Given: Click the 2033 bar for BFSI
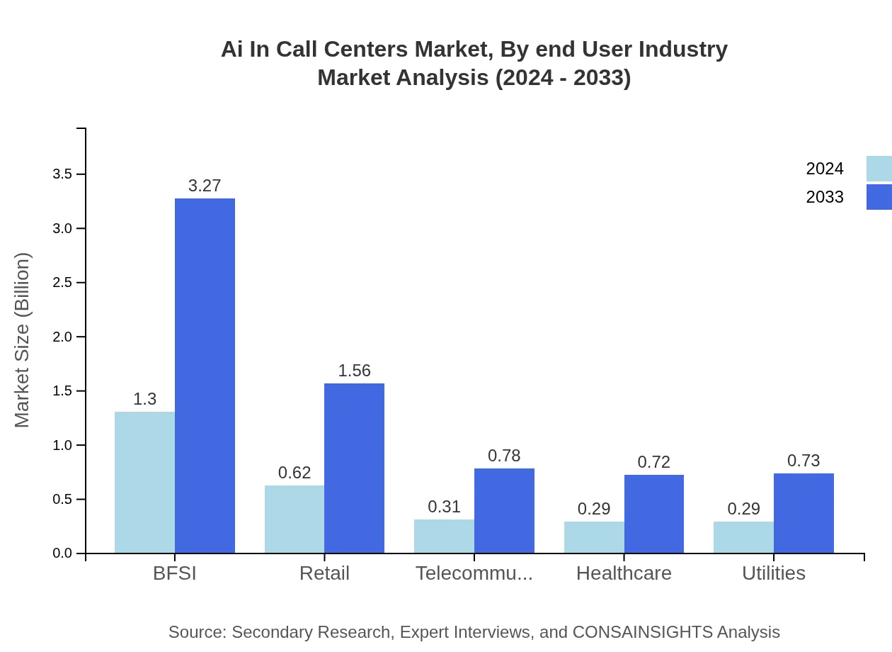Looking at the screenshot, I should coord(205,376).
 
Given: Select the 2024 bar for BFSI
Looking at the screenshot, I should coord(144,482).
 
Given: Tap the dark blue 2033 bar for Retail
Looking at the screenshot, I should coord(354,468).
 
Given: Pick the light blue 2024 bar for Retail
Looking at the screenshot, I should coord(295,519).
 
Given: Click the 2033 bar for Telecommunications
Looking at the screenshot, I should coord(504,510).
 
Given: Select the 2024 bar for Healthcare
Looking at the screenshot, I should coord(594,537).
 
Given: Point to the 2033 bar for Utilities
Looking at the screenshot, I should coord(804,513).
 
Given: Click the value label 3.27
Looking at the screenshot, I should coord(205,186).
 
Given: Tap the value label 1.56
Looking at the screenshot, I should coord(354,371).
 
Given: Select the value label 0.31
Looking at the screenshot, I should coord(444,507).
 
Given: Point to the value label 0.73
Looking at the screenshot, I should coord(804,461).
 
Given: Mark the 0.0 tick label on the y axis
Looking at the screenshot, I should coord(64,553).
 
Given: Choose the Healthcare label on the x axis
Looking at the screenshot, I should coord(624,573).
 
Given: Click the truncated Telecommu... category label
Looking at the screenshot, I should coord(474,573).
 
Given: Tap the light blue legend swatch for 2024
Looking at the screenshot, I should coord(879,169).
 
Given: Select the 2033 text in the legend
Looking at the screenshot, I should coord(825,197).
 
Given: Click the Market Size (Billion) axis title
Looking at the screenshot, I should coord(23,340).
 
